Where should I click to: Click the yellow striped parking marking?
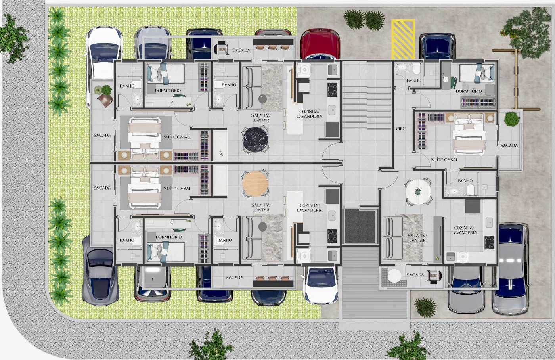(x=403, y=40)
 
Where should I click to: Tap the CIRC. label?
(x=401, y=129)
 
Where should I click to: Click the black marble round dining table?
(x=255, y=140)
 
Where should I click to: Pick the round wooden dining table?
(x=255, y=184)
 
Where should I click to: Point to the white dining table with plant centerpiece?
(x=418, y=192)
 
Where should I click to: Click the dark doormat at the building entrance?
(x=360, y=226)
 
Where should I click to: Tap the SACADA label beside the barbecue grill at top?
(x=241, y=50)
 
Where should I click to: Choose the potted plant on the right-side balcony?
(x=511, y=119)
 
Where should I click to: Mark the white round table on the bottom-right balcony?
(x=394, y=275)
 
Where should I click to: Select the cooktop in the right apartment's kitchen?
(x=489, y=242)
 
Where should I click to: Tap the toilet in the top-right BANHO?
(x=417, y=68)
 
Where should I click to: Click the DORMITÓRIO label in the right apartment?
(x=469, y=91)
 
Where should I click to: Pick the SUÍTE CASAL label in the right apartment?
(x=444, y=160)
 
